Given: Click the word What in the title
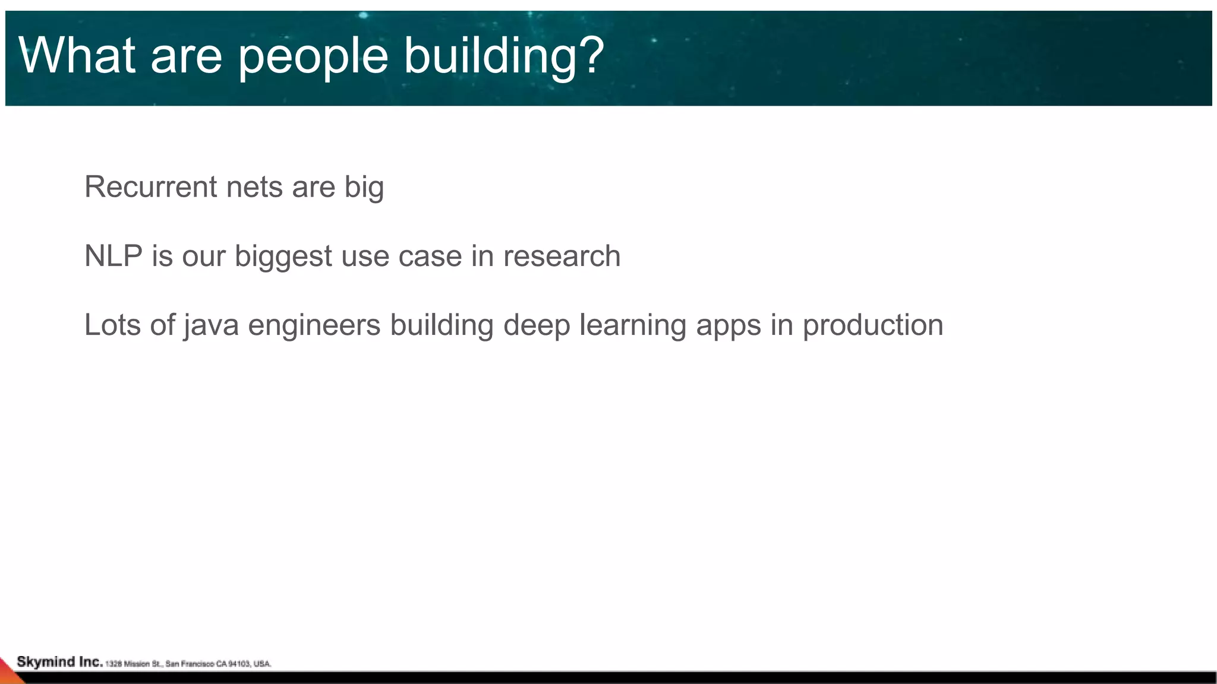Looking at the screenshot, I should (77, 55).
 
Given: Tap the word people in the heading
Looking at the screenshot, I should (313, 56).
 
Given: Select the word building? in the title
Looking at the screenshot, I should (504, 56).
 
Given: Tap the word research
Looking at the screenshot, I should (562, 256).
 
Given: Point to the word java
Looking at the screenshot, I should (210, 325).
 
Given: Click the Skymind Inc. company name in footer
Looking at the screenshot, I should (59, 662).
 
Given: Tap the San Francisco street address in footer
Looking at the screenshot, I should (188, 664).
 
